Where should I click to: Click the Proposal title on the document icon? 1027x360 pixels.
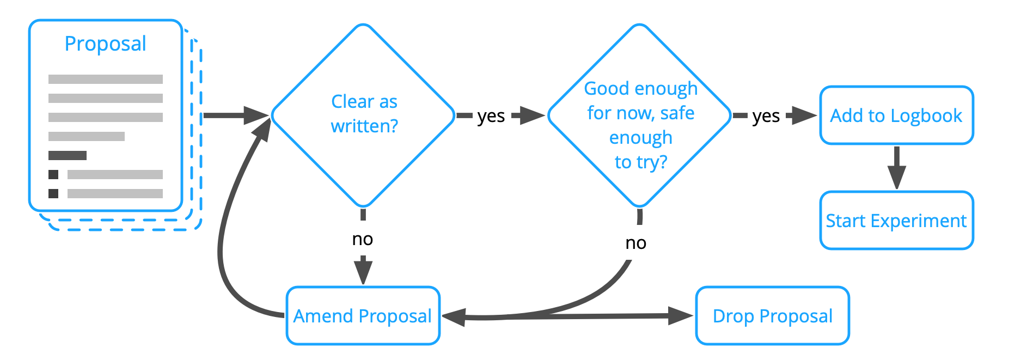coord(105,44)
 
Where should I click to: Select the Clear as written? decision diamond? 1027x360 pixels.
coord(363,115)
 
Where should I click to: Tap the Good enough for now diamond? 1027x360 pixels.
coord(640,115)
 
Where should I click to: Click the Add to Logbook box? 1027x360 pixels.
coord(896,115)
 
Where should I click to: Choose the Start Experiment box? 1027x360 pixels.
coord(896,221)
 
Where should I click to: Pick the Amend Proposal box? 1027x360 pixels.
coord(363,316)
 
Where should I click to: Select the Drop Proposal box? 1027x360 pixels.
coord(772,316)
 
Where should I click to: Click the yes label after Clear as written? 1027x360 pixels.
coord(491,116)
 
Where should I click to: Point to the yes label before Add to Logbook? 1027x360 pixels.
coord(766,116)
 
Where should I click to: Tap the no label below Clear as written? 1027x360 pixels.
coord(363,239)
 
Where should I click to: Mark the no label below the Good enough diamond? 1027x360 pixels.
coord(635,243)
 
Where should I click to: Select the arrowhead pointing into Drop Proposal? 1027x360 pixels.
coord(681,315)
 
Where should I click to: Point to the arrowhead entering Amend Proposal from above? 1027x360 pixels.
coord(363,272)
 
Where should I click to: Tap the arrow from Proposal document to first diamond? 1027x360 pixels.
coord(234,115)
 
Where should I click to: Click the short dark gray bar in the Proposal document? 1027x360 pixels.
coord(68,155)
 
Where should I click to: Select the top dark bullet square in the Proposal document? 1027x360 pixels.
coord(53,174)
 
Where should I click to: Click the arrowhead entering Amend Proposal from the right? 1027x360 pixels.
coord(454,316)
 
